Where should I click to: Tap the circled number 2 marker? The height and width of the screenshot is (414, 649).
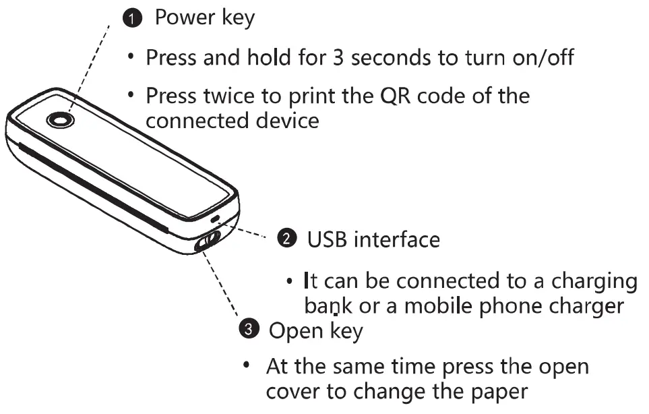286,238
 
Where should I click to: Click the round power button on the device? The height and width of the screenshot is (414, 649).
61,120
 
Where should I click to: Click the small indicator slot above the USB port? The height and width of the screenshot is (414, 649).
215,218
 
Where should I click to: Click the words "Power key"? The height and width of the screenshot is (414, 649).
205,18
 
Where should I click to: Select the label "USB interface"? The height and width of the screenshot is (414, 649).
373,239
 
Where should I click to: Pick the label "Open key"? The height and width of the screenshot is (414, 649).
315,331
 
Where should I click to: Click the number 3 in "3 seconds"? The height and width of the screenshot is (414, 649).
338,57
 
